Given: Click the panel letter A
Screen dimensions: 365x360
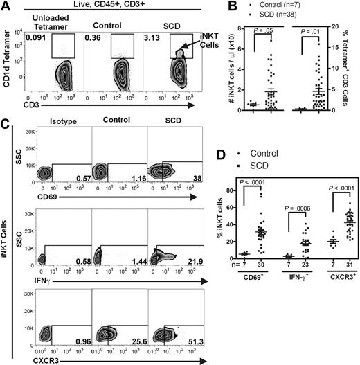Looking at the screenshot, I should coord(6,7).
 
